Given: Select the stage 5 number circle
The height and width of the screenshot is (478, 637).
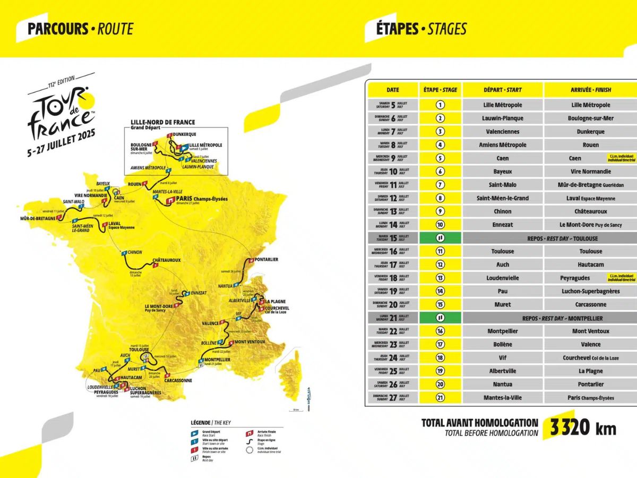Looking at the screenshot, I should tap(440, 158).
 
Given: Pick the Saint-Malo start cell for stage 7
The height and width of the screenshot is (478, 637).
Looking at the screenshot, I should tap(502, 185).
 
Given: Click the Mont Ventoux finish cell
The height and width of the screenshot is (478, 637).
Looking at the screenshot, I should tap(590, 331).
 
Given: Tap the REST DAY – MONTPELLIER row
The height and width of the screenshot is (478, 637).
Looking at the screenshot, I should tap(549, 318).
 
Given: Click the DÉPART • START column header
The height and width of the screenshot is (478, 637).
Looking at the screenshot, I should tap(502, 90).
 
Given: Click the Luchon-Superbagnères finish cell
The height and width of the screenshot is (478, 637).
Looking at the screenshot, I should tap(590, 291).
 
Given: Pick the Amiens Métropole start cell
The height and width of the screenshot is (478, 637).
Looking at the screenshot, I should tap(502, 145).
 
